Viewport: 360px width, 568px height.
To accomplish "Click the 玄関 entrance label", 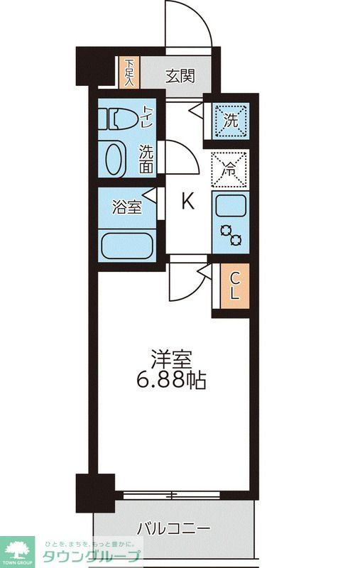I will coord(180,76).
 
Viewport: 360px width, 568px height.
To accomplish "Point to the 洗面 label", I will coord(146,159).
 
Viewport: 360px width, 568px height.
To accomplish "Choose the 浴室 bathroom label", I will coord(127,207).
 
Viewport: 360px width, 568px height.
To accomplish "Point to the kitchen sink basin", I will coord(230,205).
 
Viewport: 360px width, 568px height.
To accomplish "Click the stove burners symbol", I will coord(231,234).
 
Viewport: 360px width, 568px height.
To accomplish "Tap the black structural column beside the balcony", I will coord(95,493).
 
